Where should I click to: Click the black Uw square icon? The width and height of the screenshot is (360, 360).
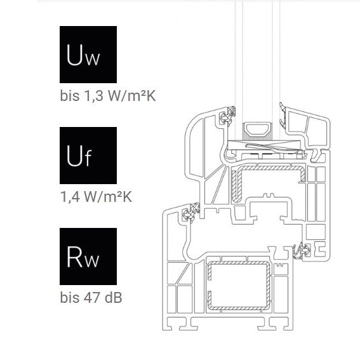tap(88, 55)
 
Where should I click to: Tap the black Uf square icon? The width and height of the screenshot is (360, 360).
tap(88, 156)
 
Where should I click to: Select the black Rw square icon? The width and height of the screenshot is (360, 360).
tap(88, 257)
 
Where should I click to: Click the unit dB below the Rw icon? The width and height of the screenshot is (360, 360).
tap(113, 298)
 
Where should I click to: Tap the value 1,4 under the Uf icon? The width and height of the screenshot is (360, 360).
tap(70, 197)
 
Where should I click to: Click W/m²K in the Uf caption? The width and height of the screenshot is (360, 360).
tap(108, 197)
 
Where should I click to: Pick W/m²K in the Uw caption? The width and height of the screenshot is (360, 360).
tap(132, 96)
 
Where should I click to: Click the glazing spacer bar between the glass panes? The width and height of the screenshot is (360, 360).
tap(258, 131)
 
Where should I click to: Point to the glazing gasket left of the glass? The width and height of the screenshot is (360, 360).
tap(229, 116)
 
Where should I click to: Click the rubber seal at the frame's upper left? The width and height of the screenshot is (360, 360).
tap(191, 213)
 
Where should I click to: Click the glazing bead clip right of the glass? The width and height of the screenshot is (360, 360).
tap(283, 117)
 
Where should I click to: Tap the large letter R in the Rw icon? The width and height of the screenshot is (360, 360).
tap(74, 257)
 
